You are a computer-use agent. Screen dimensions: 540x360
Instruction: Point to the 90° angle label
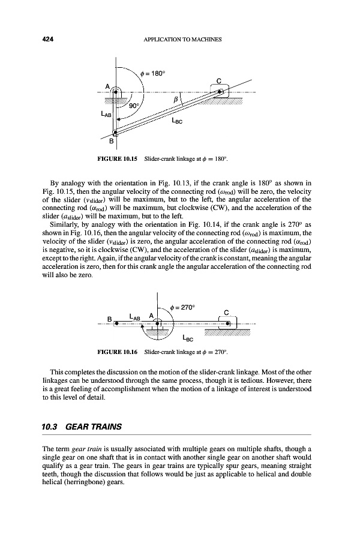[x=133, y=106]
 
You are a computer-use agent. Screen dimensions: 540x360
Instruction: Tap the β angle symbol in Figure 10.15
[x=175, y=97]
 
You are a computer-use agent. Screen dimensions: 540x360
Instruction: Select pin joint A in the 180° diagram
[x=116, y=91]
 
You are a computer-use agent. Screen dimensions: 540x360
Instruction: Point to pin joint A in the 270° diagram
[x=157, y=322]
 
